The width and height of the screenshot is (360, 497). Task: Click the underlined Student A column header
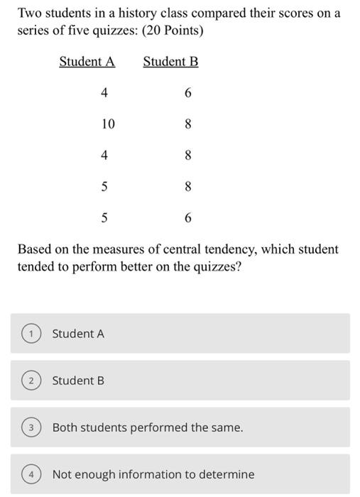click(87, 62)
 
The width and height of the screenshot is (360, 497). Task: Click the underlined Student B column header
click(170, 62)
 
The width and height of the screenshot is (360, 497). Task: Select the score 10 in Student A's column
click(107, 124)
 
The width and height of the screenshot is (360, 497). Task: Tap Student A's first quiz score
click(104, 93)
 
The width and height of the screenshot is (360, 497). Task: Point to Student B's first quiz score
click(187, 93)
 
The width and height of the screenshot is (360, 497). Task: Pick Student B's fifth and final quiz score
click(187, 218)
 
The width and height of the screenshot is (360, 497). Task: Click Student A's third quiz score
click(104, 155)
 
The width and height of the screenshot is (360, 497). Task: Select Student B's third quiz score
click(187, 155)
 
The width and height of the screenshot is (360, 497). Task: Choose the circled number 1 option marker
click(31, 334)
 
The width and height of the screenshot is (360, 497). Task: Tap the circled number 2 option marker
click(31, 381)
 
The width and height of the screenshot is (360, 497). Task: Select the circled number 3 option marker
click(31, 427)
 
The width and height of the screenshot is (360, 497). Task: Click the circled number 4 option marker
click(31, 474)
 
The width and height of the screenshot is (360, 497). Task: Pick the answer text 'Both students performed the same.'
click(148, 427)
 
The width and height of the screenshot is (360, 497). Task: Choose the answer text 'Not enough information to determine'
click(153, 474)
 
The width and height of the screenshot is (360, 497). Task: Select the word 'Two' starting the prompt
click(28, 13)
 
